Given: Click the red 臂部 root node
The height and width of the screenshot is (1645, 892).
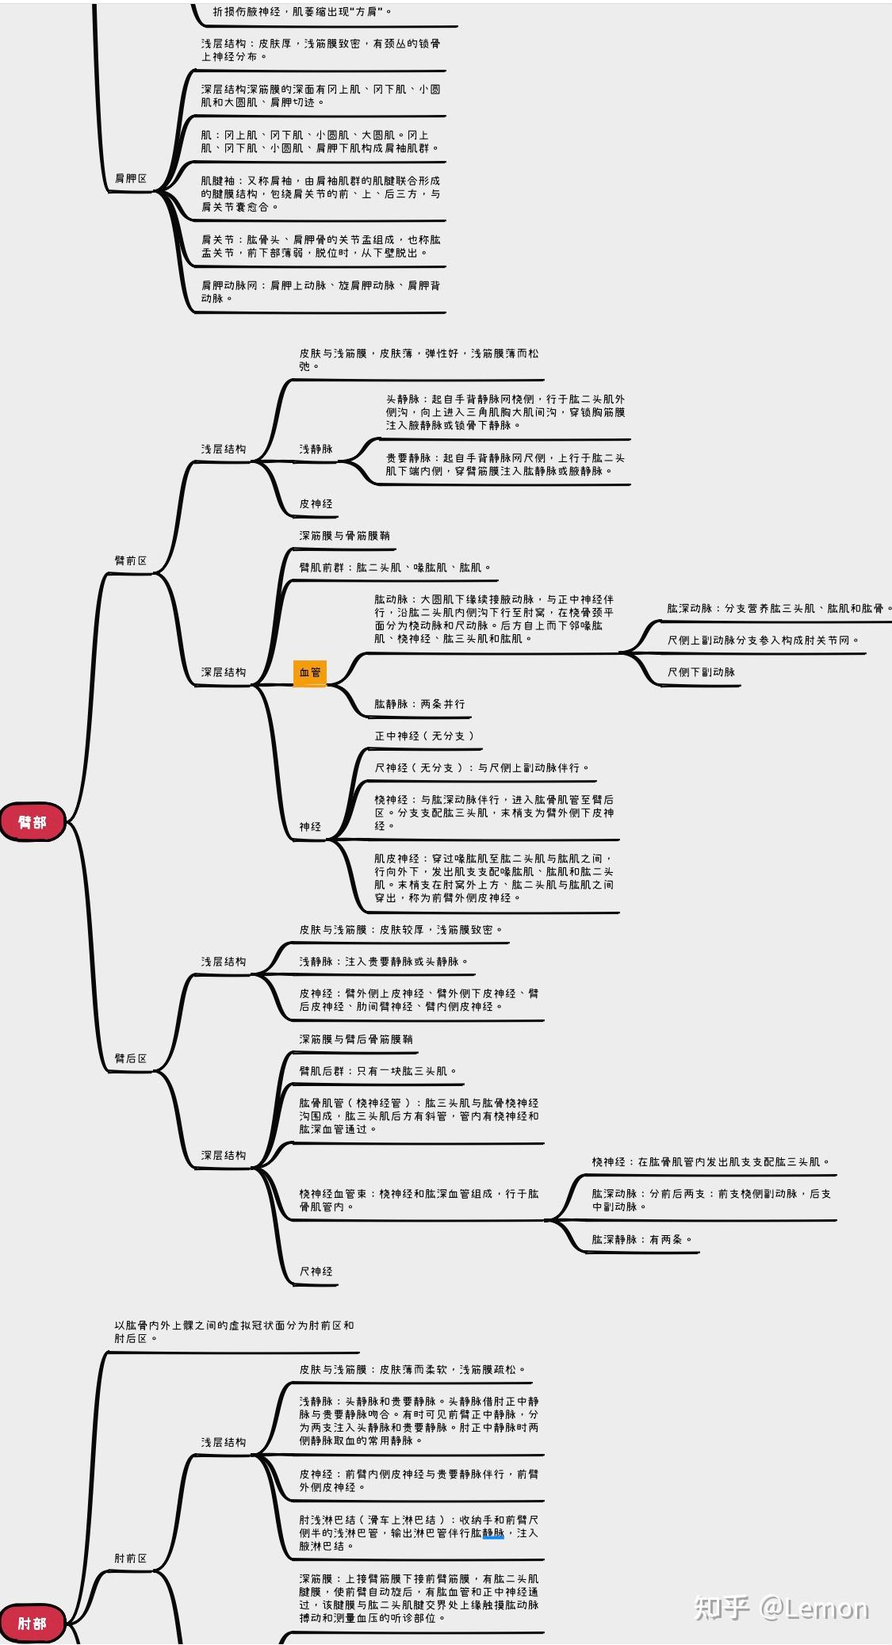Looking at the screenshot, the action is pos(33,822).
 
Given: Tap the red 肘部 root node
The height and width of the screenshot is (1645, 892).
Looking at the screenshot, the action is pos(33,1624).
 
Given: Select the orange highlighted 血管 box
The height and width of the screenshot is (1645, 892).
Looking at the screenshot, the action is pos(310,673).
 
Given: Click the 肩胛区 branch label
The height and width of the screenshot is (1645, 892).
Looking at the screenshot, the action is pos(131,178).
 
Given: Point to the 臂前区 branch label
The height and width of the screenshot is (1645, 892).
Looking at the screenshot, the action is pos(131,560).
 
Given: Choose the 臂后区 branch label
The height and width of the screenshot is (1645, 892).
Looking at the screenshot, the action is pos(131,1058).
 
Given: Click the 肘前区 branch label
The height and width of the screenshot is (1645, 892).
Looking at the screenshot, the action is pos(131,1558).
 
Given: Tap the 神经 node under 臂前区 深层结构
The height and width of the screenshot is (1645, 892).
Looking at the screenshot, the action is pos(310,827).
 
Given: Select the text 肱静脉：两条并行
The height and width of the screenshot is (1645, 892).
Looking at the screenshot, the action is pos(420,704).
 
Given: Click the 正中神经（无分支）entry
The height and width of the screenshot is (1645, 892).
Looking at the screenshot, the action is pos(424,736).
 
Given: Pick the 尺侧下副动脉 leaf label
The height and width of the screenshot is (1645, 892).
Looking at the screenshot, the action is pos(701,672).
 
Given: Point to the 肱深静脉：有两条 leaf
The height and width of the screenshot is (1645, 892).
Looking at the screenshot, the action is pos(642,1239).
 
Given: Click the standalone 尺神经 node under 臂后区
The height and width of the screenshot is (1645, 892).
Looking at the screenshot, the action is pos(316,1272).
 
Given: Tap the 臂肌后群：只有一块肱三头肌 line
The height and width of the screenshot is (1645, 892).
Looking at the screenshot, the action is pos(378,1071).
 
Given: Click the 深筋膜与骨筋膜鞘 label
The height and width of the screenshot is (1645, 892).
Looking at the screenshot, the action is pos(344,536).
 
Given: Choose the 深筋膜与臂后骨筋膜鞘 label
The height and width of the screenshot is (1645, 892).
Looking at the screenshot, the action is pos(356,1039).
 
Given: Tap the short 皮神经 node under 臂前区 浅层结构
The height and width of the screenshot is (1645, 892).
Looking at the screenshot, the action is pos(316,503).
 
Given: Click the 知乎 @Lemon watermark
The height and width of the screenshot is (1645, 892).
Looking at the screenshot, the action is pos(782,1608).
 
